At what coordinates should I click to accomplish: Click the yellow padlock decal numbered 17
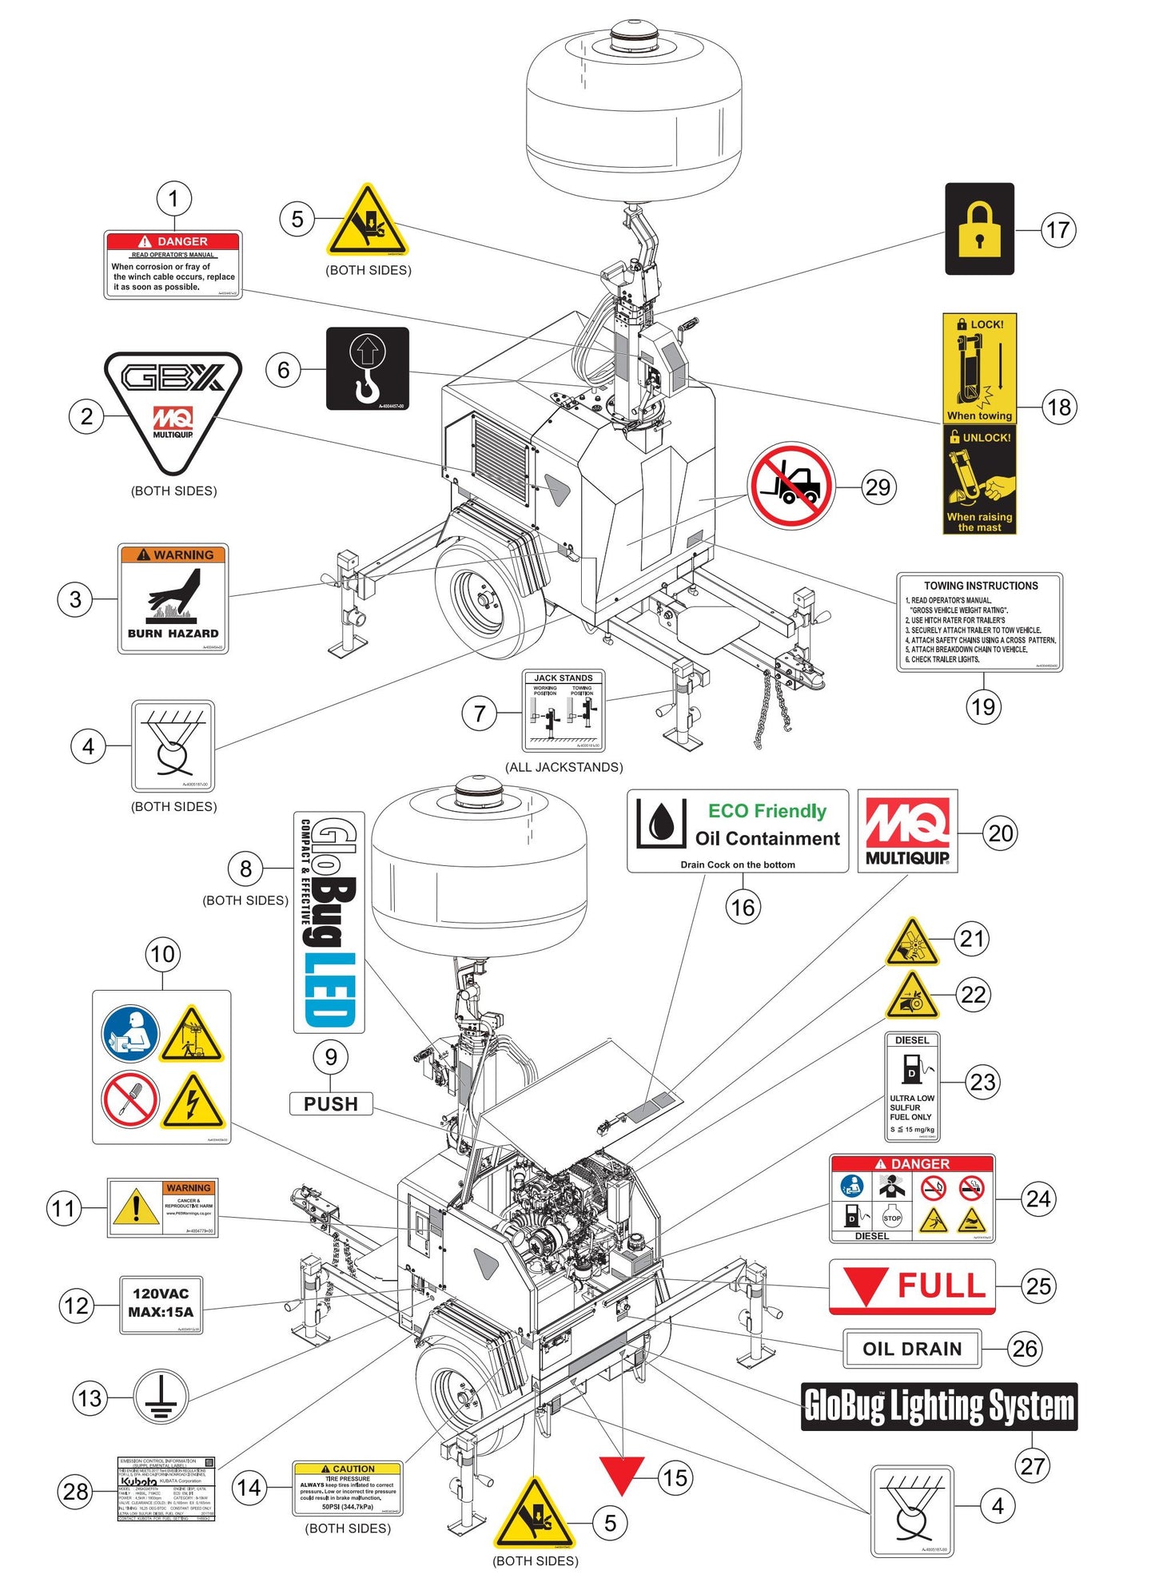pos(979,229)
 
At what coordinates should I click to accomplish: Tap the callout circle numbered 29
pos(878,487)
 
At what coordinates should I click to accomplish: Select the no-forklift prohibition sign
pos(791,486)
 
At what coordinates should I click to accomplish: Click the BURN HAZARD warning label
pos(173,598)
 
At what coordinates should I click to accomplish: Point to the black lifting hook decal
pos(368,368)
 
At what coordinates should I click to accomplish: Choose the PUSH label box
pos(331,1103)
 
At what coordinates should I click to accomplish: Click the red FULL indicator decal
pos(912,1287)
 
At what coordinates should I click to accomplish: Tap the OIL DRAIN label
pos(912,1349)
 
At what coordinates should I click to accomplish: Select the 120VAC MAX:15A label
pos(161,1305)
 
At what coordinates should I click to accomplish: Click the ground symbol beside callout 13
pos(161,1397)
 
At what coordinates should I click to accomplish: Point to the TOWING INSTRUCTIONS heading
pos(981,586)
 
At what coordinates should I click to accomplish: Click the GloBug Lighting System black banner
pos(939,1406)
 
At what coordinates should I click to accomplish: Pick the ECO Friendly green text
pos(767,811)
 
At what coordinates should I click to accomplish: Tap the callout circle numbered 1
pos(173,198)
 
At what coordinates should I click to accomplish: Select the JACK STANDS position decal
pos(564,711)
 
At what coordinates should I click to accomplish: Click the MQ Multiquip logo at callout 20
pos(907,831)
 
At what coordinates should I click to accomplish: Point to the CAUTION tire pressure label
pos(348,1489)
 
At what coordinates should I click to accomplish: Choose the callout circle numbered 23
pos(982,1082)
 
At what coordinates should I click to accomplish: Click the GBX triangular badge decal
pos(173,407)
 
